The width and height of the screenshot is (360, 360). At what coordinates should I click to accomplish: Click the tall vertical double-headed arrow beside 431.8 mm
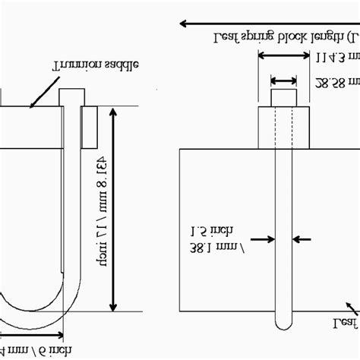pyautogui.click(x=114, y=208)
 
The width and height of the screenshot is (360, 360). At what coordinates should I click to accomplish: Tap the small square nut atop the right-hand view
pyautogui.click(x=284, y=97)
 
